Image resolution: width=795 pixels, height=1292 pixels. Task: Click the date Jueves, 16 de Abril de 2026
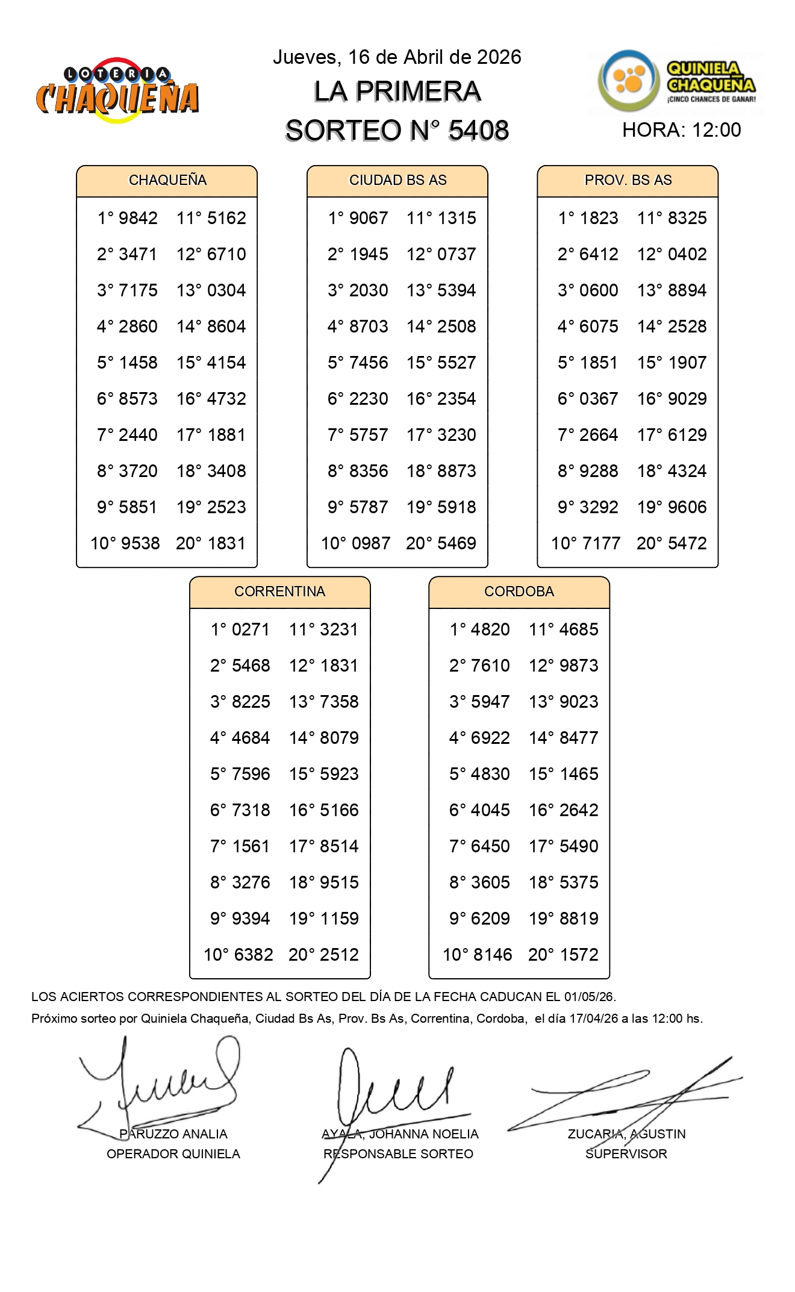coord(397,57)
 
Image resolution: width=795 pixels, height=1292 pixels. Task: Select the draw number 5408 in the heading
coord(479,131)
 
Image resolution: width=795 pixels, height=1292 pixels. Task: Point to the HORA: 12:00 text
coord(681,130)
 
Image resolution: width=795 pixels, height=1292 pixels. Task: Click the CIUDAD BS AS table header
coord(397,180)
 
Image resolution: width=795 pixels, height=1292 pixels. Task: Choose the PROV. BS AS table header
coord(628,180)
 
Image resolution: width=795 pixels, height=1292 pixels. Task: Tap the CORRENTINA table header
coord(279,591)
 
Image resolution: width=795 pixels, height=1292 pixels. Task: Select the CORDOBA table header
coord(519,591)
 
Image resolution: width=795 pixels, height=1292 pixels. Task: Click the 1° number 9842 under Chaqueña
coord(139,218)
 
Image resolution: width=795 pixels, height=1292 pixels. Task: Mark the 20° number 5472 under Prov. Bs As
coord(688,543)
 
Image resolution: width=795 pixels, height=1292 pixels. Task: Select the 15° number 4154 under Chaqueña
coord(226,363)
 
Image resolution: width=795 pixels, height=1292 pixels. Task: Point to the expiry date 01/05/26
coord(589,997)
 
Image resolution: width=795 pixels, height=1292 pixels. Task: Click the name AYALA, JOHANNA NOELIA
coord(400,1134)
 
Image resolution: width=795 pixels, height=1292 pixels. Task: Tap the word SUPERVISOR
coord(626,1154)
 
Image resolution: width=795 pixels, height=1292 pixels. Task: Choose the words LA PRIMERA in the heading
coord(397,92)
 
